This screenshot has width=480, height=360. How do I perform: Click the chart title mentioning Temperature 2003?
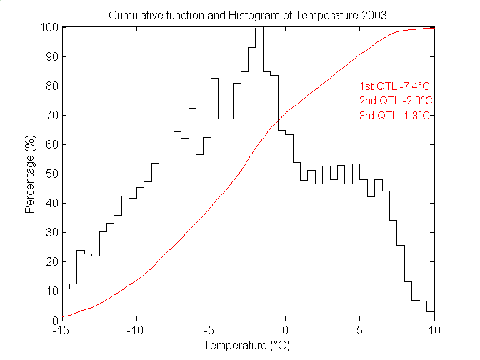click(248, 15)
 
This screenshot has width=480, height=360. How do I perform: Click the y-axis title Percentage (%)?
click(30, 174)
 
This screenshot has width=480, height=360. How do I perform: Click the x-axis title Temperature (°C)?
click(248, 346)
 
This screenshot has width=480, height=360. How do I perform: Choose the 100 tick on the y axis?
click(50, 28)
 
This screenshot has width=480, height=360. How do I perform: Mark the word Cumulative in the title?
click(133, 15)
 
